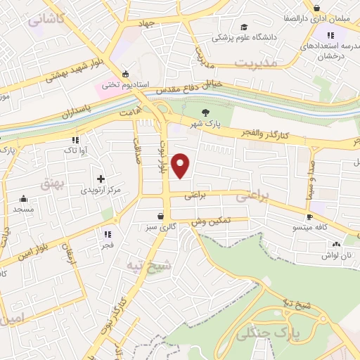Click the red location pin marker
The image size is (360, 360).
click(181, 165)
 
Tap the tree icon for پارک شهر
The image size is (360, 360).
click(205, 112)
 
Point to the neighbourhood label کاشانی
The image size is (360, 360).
click(47, 19)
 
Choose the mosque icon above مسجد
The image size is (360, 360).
click(23, 198)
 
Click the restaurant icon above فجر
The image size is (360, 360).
click(108, 234)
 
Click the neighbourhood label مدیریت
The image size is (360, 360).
click(257, 63)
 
